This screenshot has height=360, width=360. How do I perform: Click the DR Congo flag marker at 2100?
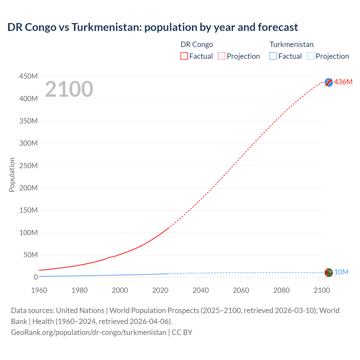pyautogui.click(x=328, y=82)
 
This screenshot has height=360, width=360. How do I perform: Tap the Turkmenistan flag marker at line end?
pyautogui.click(x=328, y=272)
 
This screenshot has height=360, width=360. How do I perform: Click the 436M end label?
pyautogui.click(x=343, y=82)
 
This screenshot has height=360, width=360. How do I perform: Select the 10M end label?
pyautogui.click(x=341, y=272)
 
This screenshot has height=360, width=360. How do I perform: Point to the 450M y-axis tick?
pyautogui.click(x=28, y=76)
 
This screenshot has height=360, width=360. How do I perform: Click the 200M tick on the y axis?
pyautogui.click(x=28, y=188)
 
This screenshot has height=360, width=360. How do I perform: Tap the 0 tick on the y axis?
pyautogui.click(x=35, y=277)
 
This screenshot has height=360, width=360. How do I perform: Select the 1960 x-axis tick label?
pyautogui.click(x=39, y=290)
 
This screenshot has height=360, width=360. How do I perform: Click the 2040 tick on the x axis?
pyautogui.click(x=201, y=290)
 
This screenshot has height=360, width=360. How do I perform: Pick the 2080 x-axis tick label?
pyautogui.click(x=281, y=290)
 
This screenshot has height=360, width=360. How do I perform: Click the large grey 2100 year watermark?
pyautogui.click(x=69, y=89)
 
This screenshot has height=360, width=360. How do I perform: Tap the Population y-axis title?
pyautogui.click(x=12, y=175)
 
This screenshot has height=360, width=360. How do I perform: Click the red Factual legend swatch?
pyautogui.click(x=184, y=56)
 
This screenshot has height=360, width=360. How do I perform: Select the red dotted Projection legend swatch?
pyautogui.click(x=222, y=56)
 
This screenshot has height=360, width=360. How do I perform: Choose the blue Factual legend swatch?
pyautogui.click(x=273, y=56)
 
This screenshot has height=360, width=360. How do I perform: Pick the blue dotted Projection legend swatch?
pyautogui.click(x=310, y=56)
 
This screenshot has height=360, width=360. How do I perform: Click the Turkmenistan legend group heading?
pyautogui.click(x=291, y=44)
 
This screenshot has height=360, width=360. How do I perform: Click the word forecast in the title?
pyautogui.click(x=278, y=27)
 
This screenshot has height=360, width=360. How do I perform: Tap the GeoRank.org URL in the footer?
pyautogui.click(x=89, y=332)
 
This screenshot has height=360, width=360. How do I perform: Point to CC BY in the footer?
pyautogui.click(x=182, y=332)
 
